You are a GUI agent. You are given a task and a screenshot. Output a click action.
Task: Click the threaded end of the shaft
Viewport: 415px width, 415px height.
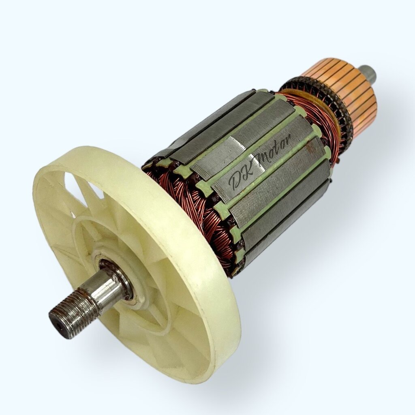point(71,316)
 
